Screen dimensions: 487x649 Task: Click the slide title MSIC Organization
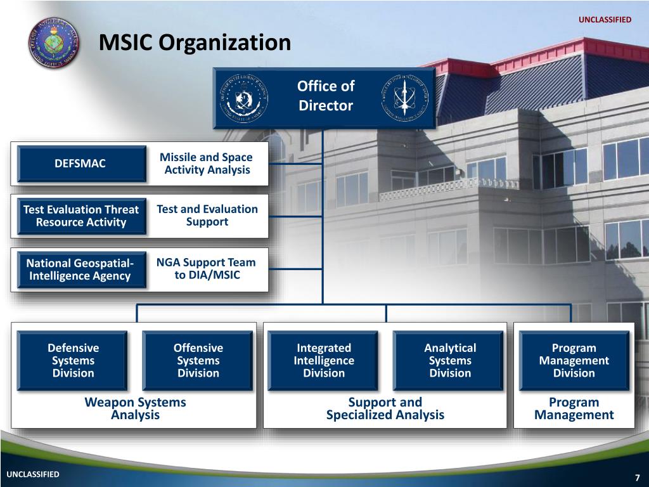pos(195,43)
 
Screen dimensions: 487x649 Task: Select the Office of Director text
pos(325,96)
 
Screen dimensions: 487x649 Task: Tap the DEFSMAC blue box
pos(80,164)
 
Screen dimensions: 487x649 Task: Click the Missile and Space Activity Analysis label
pos(207,164)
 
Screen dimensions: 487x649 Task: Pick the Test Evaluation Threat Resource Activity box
pos(81,216)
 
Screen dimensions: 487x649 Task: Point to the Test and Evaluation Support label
pos(207,216)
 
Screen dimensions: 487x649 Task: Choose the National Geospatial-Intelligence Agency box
pos(80,269)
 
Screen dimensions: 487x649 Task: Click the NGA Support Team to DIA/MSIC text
pos(207,269)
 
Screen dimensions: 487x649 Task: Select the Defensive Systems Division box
pos(73,360)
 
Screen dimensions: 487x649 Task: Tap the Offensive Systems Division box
pos(198,360)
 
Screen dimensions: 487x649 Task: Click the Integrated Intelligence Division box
pos(323,360)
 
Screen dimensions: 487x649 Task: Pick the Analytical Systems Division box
pos(449,360)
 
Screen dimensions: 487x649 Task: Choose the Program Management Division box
pos(574,360)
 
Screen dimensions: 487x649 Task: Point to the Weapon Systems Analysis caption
pos(135,408)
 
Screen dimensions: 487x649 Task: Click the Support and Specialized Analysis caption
pos(385,408)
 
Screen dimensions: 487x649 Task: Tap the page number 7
pos(637,477)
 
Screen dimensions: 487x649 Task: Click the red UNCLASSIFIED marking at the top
pos(605,20)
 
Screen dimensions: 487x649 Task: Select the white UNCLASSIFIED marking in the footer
pos(33,474)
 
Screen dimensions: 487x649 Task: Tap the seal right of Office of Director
pos(405,98)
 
